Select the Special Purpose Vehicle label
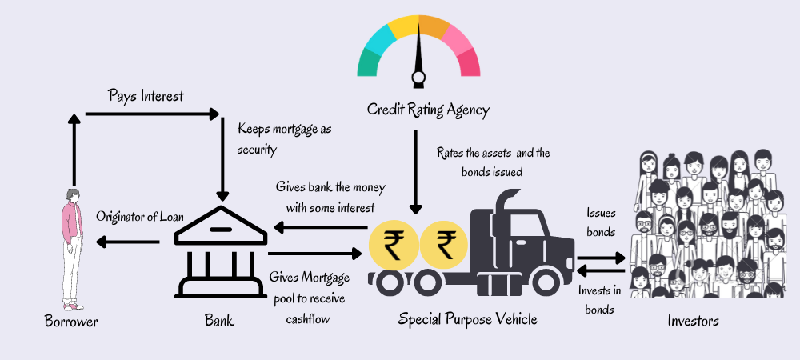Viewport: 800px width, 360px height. click(468, 319)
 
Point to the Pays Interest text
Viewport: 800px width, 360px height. click(146, 96)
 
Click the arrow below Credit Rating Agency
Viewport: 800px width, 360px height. click(415, 172)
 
